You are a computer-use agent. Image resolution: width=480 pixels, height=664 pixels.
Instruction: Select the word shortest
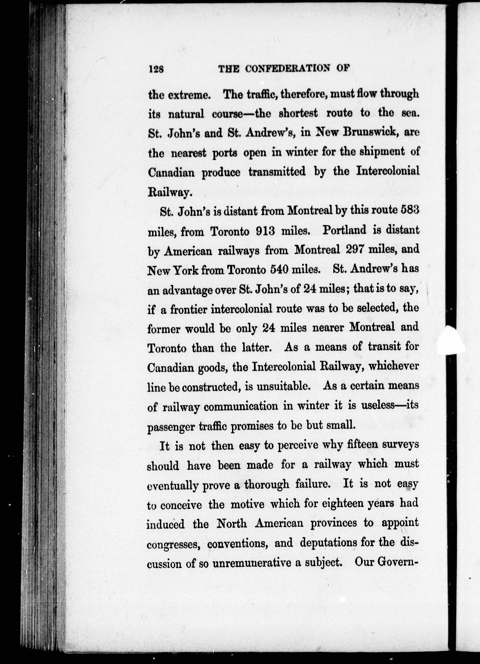point(298,113)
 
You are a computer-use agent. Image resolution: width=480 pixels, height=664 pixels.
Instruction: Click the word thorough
point(267,485)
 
